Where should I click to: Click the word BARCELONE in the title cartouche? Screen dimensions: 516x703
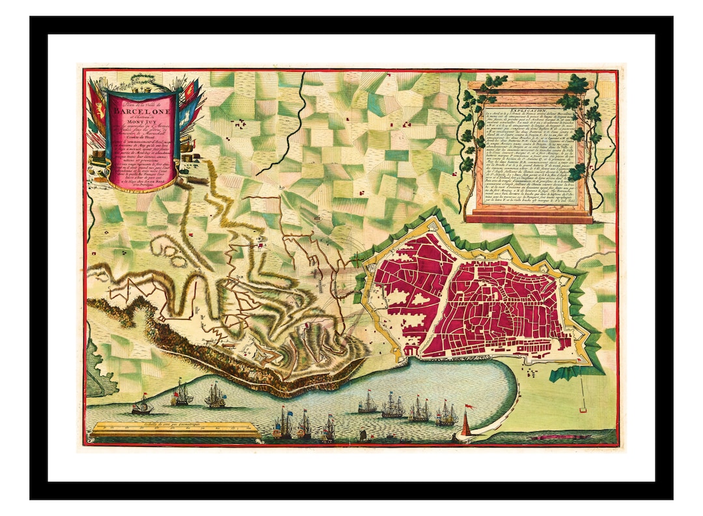[x=140, y=109]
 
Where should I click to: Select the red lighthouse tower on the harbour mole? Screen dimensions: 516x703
[x=465, y=427]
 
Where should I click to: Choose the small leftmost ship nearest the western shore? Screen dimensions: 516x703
[x=142, y=407]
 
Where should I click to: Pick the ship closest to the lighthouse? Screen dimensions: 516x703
[x=447, y=414]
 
